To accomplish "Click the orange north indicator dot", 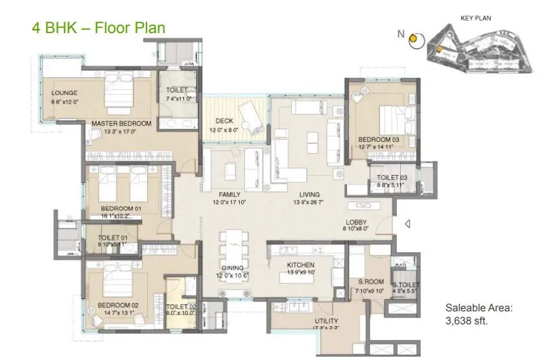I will coord(413,39).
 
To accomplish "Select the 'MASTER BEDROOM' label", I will coord(121,123).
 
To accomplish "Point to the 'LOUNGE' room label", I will coord(64,93).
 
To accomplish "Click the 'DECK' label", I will coord(224,121).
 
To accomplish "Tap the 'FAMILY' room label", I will coord(230,194).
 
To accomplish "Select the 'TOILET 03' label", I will coord(391,178).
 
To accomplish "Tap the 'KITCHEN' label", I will coord(301,265).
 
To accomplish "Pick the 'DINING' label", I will coord(231,268).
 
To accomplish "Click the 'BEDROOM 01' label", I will coord(119,208).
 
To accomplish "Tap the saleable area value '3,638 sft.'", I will coord(466,320).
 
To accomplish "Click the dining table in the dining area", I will coord(231,246).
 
